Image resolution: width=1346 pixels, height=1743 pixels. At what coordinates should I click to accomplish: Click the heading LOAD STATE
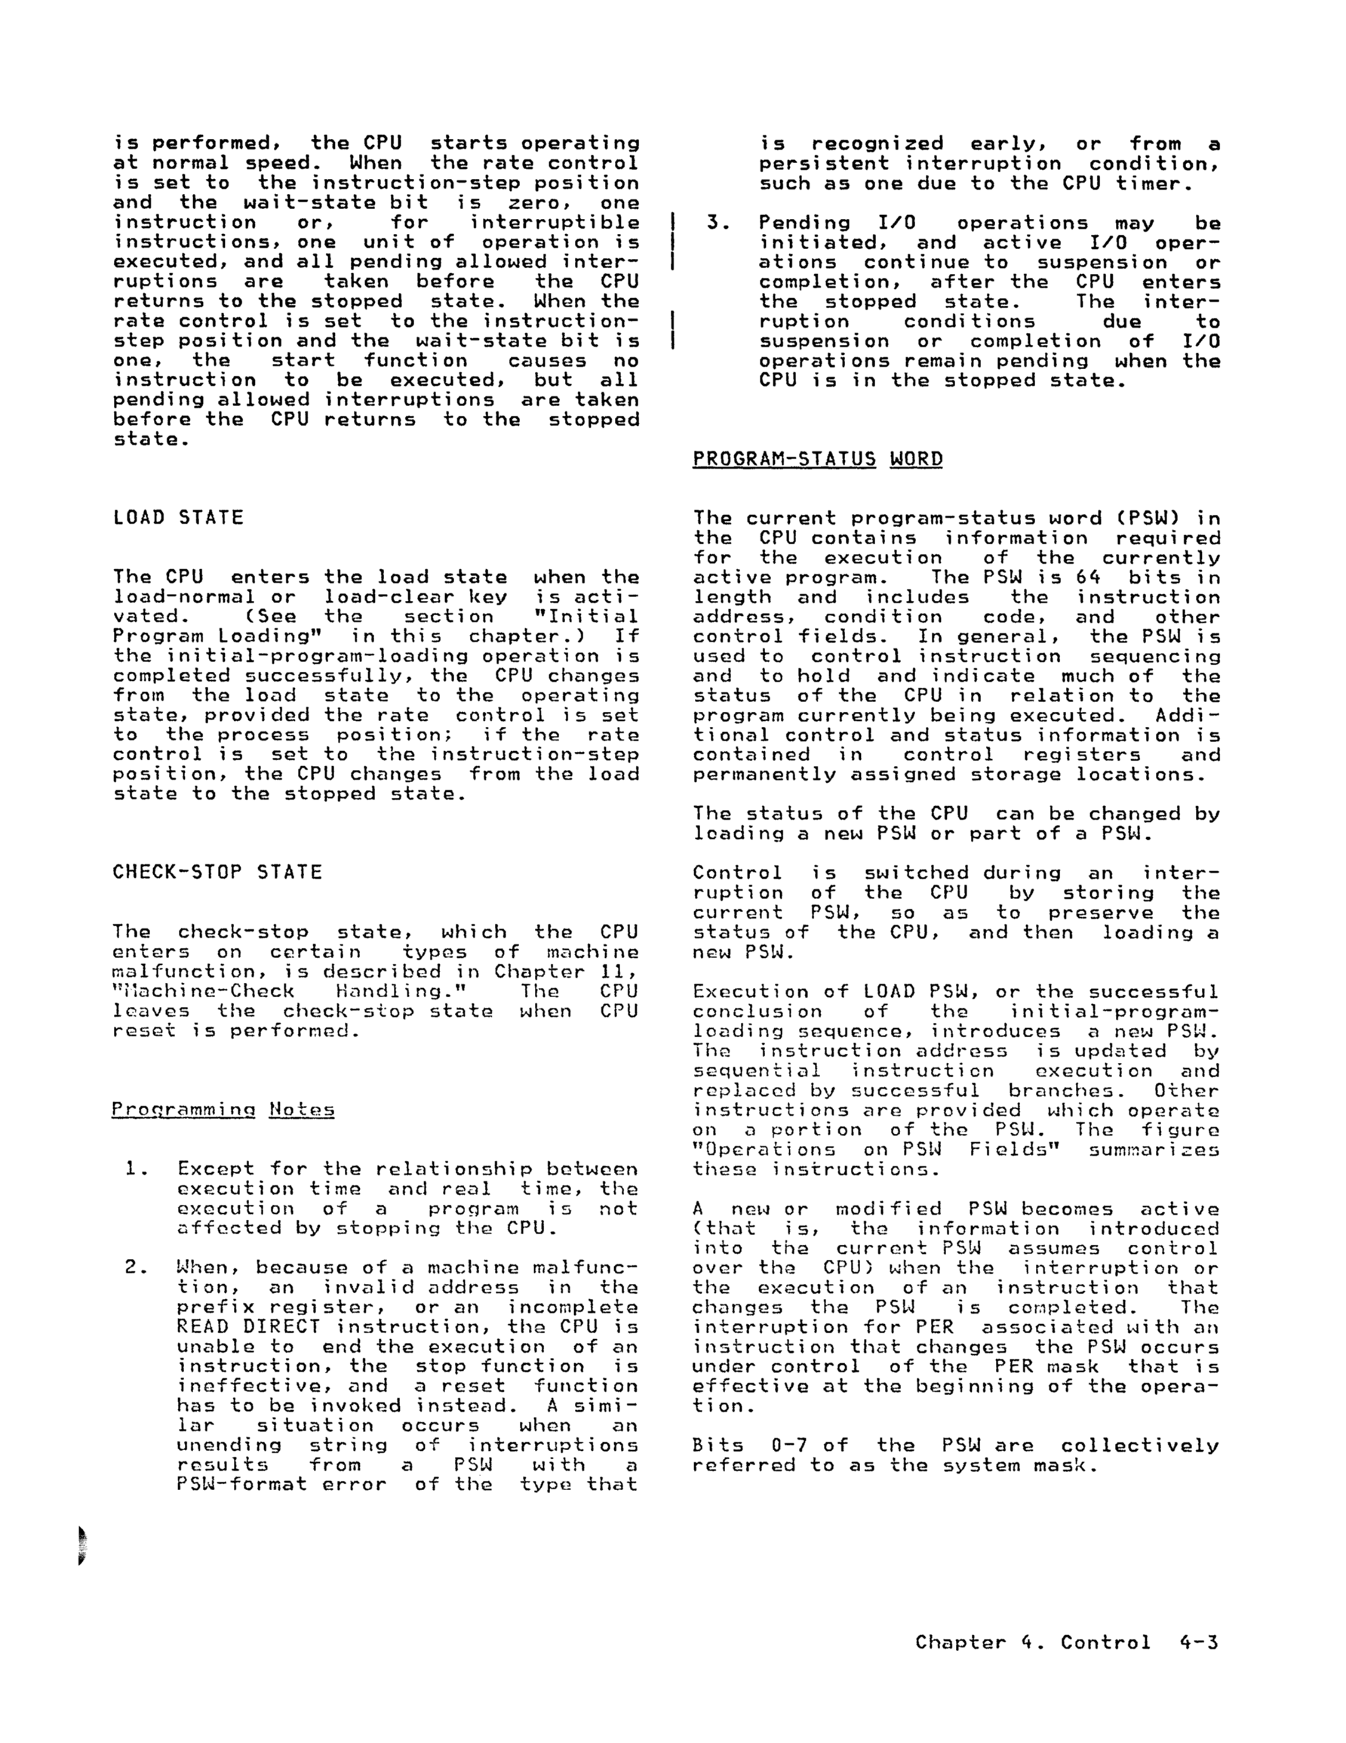click(x=178, y=518)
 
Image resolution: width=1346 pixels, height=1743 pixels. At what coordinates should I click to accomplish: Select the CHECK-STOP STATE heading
click(x=217, y=873)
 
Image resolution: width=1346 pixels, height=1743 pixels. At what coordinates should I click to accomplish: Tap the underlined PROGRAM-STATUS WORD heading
click(x=817, y=460)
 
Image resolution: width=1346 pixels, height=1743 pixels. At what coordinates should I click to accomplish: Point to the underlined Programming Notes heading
click(x=223, y=1110)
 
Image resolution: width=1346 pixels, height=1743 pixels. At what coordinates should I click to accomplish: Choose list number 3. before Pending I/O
click(x=716, y=223)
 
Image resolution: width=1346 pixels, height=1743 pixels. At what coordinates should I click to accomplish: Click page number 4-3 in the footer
click(x=1197, y=1643)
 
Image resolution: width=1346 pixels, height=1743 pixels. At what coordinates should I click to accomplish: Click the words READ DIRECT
click(x=248, y=1326)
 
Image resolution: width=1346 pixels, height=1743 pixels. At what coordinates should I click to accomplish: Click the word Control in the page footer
click(x=1105, y=1643)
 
